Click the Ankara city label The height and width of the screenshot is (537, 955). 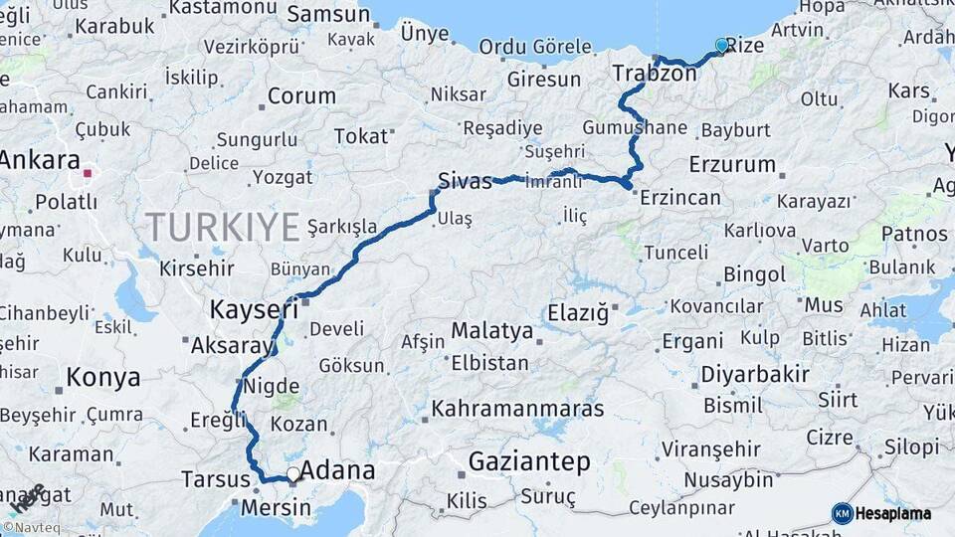40,161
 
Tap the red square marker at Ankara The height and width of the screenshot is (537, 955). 88,173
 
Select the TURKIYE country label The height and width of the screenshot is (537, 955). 223,227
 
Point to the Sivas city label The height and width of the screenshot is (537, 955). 465,181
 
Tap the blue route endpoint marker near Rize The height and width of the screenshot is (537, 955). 722,45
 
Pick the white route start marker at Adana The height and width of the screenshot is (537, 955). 292,474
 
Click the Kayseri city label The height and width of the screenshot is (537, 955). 254,310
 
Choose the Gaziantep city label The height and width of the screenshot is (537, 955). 528,462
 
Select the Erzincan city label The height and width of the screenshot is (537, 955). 679,197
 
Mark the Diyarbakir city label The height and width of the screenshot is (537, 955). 755,375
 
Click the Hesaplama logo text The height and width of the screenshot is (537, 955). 893,514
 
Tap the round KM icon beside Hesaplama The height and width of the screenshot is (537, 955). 842,514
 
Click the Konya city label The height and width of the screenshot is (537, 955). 103,377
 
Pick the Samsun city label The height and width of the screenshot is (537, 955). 328,15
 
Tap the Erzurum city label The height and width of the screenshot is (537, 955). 731,164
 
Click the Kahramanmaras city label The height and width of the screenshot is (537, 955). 517,409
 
